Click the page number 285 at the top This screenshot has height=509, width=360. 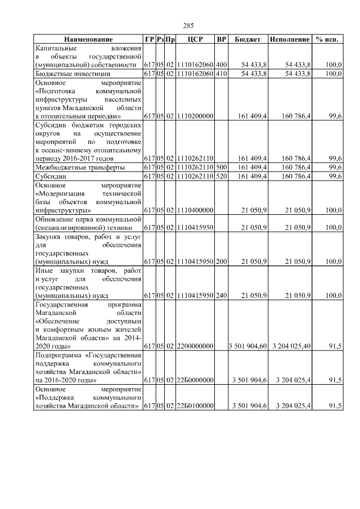(188, 25)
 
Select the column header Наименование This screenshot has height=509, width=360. (88, 39)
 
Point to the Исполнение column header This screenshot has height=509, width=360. (290, 39)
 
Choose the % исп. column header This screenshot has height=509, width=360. (328, 39)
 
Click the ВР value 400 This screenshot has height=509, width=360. (222, 65)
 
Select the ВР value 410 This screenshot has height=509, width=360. (222, 74)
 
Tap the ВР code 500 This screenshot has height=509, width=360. (222, 168)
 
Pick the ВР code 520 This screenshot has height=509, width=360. (222, 177)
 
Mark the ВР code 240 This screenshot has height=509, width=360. (222, 295)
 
